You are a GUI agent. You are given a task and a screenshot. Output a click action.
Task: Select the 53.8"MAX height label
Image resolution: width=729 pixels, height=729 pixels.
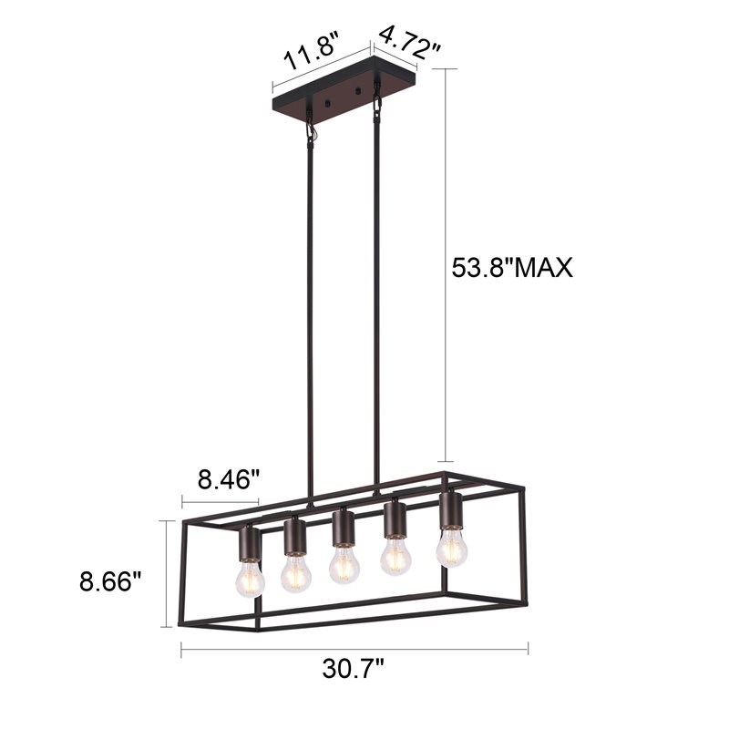point(512,267)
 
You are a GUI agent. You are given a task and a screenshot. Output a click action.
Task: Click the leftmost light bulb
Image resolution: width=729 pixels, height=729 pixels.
point(249,577)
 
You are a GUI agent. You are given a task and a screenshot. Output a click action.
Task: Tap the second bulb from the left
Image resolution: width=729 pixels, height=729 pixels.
point(295,572)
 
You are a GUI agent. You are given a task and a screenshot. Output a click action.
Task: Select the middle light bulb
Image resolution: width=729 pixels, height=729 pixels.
point(344,564)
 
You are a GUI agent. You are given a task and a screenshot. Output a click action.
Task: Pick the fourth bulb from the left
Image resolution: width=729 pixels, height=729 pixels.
point(395,555)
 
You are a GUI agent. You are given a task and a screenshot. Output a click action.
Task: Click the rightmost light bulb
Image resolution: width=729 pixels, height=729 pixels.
point(451,548)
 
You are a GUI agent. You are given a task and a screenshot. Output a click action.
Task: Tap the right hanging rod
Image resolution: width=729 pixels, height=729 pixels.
point(375,301)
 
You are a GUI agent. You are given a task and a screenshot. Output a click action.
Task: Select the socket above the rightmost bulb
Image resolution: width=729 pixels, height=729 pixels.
point(450,510)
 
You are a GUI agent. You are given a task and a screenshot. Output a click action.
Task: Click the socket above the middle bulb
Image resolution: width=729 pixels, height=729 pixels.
point(343,528)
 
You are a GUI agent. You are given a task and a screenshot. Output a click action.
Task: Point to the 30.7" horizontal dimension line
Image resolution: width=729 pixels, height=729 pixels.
point(354,649)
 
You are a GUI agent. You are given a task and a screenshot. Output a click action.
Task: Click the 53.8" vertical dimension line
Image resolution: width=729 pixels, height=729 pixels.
point(446,264)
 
